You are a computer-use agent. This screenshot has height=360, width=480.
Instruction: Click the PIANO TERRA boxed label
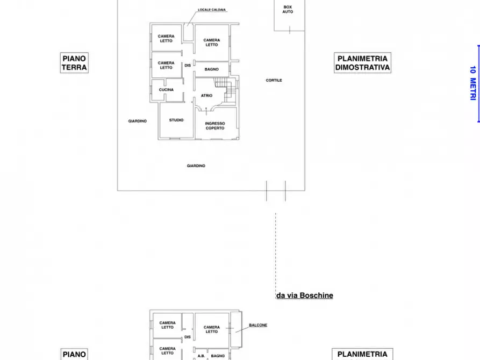coord(74,63)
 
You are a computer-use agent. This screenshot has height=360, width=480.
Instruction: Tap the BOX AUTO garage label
coord(288,10)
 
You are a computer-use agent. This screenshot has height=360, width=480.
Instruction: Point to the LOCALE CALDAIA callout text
coord(212,10)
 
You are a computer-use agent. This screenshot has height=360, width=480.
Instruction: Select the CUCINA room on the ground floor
coord(166,90)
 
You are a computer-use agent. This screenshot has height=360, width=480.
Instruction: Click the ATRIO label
coord(206,96)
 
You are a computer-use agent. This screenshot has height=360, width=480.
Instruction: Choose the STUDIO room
coord(176,120)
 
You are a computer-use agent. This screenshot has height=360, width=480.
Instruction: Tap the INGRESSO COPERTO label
coord(215,126)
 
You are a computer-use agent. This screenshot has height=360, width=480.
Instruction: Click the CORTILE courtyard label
coord(274,80)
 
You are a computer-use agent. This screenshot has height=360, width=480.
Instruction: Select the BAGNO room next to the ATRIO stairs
coord(212,69)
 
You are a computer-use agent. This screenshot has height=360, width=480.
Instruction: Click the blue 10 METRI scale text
coord(472,83)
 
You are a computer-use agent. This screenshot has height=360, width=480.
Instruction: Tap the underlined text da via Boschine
coord(305,296)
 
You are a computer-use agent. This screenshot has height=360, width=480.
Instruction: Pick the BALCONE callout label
coord(258,325)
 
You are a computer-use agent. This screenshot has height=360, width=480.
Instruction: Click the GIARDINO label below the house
coord(196,166)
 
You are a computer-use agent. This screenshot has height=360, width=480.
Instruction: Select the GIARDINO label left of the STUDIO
coord(138,121)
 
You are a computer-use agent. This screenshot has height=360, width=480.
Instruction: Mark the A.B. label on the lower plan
coord(201,356)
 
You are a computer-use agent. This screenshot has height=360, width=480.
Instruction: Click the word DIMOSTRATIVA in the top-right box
coord(362,67)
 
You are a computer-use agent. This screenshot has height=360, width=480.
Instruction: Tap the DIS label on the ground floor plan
coord(188,66)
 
